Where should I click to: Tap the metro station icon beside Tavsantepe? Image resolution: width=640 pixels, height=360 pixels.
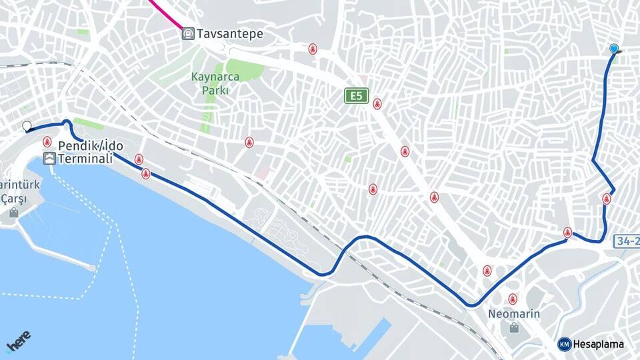tap(189, 33)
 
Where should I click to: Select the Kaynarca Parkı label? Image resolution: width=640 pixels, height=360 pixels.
tap(215, 83)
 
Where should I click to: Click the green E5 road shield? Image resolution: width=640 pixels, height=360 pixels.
tap(357, 96)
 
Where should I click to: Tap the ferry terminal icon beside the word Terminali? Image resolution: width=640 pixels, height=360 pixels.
tap(49, 159)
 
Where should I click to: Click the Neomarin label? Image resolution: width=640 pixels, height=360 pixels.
tap(514, 313)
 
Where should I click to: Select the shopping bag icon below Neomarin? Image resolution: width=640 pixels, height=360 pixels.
tap(514, 327)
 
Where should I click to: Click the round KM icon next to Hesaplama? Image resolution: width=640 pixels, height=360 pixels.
tap(565, 344)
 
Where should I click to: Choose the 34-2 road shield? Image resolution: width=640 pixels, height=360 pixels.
tap(627, 240)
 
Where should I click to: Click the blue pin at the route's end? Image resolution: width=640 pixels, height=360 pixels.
tap(614, 48)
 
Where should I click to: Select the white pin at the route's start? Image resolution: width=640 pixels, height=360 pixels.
tap(27, 126)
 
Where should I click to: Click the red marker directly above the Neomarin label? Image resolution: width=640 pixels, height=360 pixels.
tap(512, 299)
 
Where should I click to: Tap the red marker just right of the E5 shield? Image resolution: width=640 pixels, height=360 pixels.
tap(377, 103)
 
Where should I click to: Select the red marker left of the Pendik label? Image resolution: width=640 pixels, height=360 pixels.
tap(47, 141)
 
